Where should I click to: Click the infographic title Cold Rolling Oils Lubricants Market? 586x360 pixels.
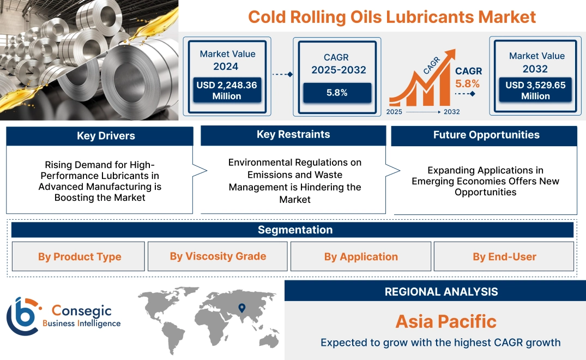tap(392, 16)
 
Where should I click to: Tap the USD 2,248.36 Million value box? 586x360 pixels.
tap(227, 91)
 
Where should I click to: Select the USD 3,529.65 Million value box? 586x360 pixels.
tap(535, 91)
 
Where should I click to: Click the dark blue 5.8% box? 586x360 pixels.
tap(337, 93)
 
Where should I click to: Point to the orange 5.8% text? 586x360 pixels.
tap(468, 83)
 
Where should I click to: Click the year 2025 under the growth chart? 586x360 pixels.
tap(395, 112)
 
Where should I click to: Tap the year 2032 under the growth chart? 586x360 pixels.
tap(451, 112)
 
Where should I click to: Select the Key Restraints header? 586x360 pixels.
tap(293, 135)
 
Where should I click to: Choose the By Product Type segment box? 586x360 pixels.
tap(80, 257)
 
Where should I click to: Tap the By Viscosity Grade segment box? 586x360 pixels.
tap(218, 256)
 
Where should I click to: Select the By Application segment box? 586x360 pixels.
tap(361, 257)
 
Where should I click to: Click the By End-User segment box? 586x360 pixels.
tap(504, 257)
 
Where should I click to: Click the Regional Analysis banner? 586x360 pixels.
tap(441, 291)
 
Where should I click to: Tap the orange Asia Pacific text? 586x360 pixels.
tap(446, 321)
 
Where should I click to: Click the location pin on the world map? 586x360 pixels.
tap(241, 308)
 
